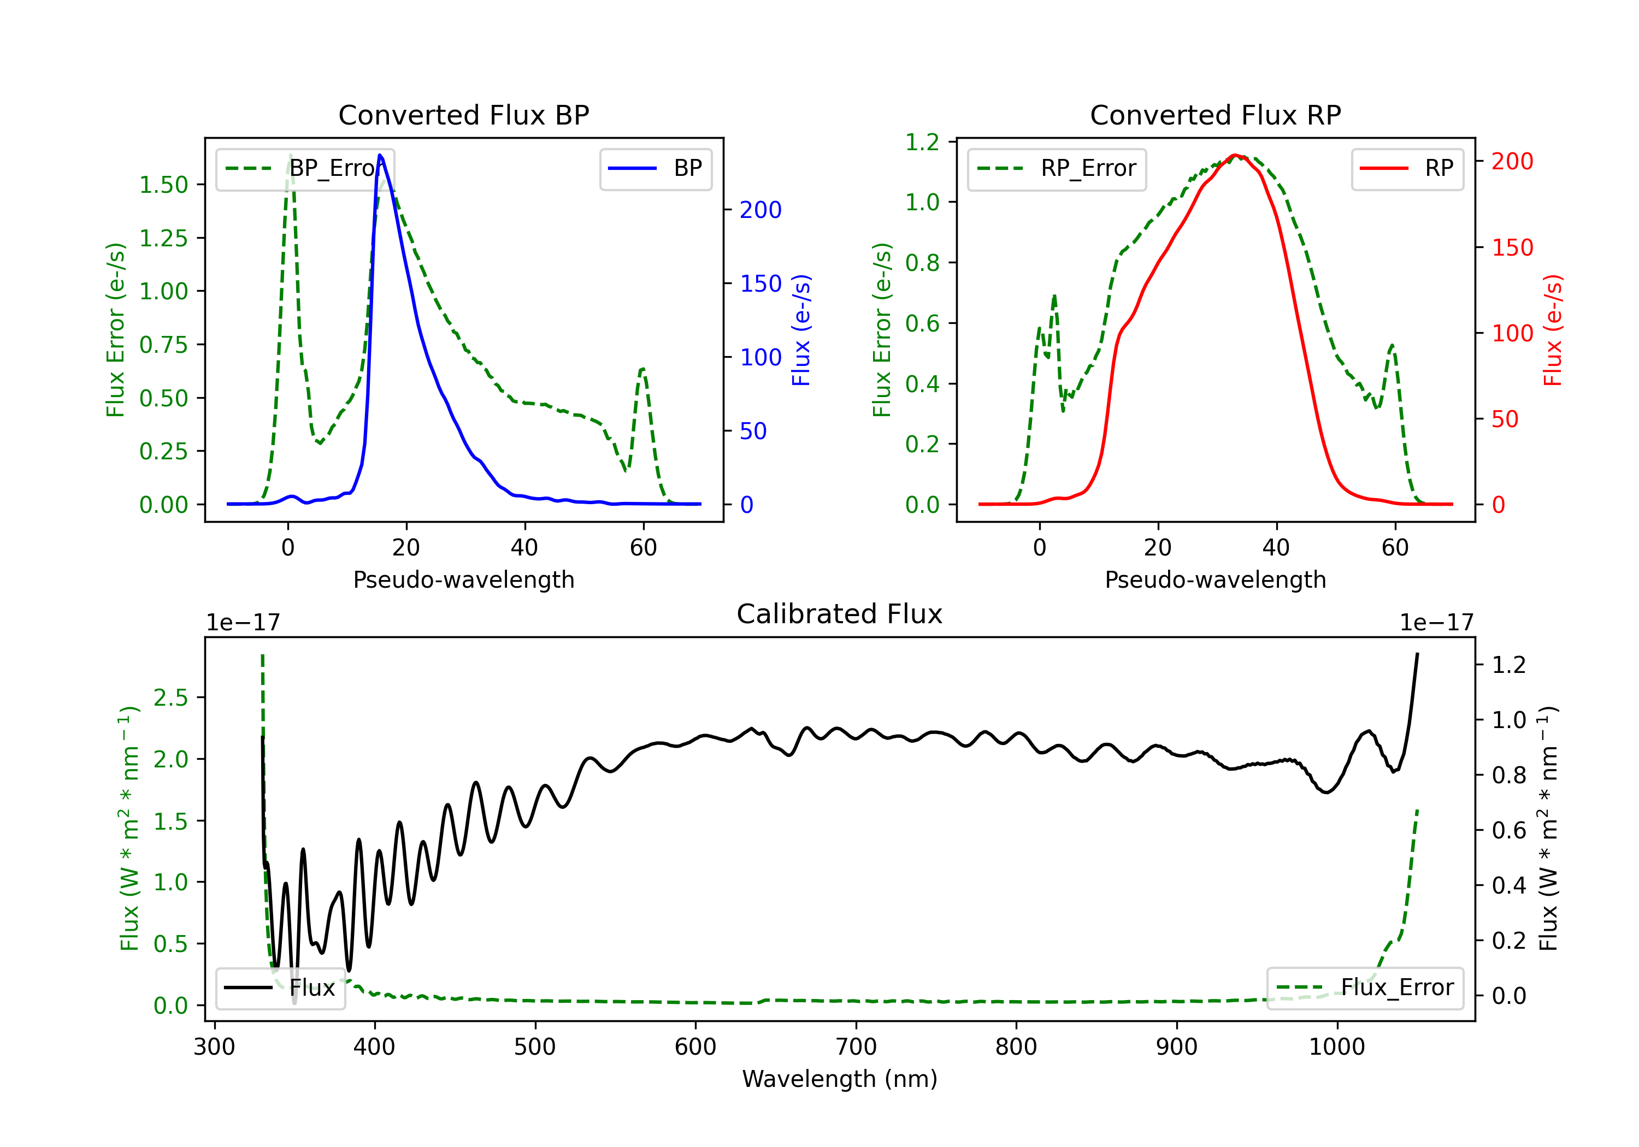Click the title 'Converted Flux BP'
[x=463, y=115]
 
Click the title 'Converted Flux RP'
[x=1215, y=115]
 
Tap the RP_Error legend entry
[x=1057, y=168]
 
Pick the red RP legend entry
[x=1407, y=168]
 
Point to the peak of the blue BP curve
[x=380, y=155]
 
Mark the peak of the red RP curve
[x=1235, y=155]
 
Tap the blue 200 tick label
[x=760, y=210]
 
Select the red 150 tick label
[x=1512, y=247]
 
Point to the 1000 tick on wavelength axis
[x=1336, y=1047]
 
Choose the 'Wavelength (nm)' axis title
[x=840, y=1079]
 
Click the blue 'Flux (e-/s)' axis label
[x=801, y=330]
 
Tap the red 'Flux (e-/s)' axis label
[x=1553, y=330]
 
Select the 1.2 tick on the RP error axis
[x=922, y=142]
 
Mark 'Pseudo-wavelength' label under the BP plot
[x=463, y=580]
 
